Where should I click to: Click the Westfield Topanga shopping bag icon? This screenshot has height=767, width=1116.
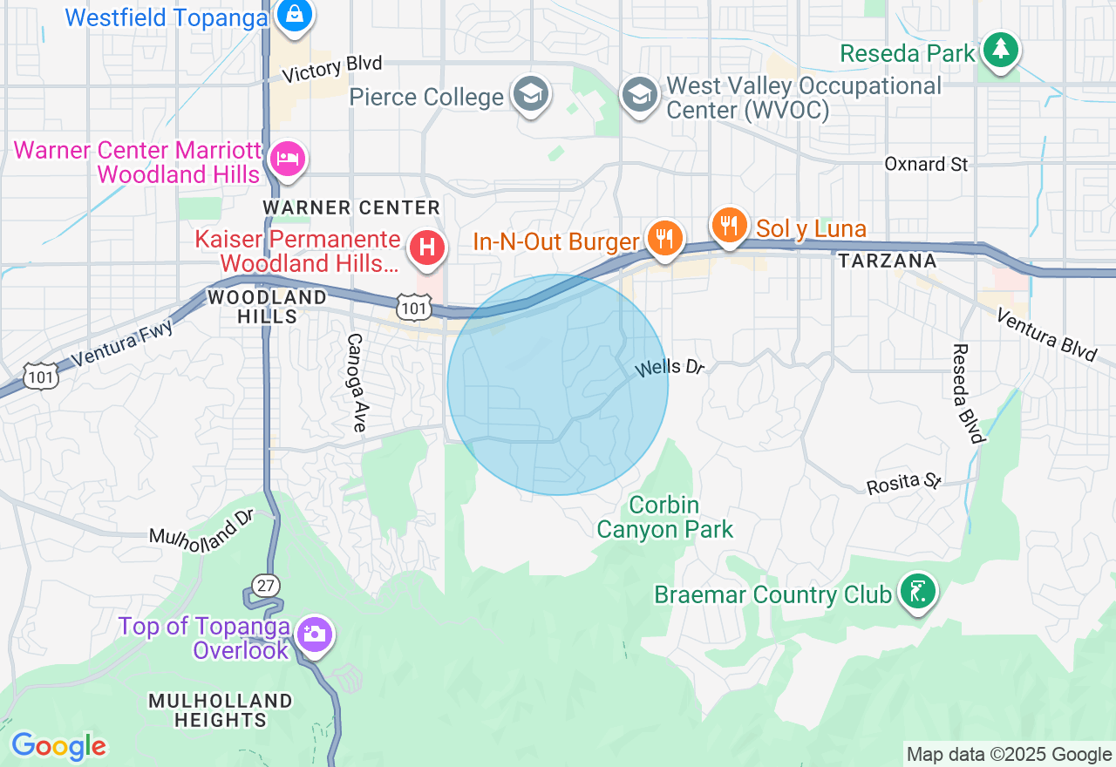pos(294,16)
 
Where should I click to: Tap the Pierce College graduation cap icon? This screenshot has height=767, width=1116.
pos(530,95)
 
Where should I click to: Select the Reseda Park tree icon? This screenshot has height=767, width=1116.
pos(1000,51)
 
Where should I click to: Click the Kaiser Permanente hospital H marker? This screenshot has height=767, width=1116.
pos(427,247)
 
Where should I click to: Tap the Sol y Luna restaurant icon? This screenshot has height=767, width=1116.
pos(730,227)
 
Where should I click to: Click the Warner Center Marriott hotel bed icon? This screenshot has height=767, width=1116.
pos(286,160)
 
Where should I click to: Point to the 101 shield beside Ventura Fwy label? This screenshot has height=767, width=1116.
pos(40,375)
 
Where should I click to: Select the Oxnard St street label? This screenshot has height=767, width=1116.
pos(926,164)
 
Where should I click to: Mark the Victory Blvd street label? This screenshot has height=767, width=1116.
pos(332,69)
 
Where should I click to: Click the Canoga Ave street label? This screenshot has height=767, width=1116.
pos(355,383)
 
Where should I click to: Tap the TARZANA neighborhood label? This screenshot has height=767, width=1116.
pos(887,261)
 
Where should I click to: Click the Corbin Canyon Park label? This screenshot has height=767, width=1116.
pos(664,517)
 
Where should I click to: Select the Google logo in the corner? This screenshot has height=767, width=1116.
pos(58,746)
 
